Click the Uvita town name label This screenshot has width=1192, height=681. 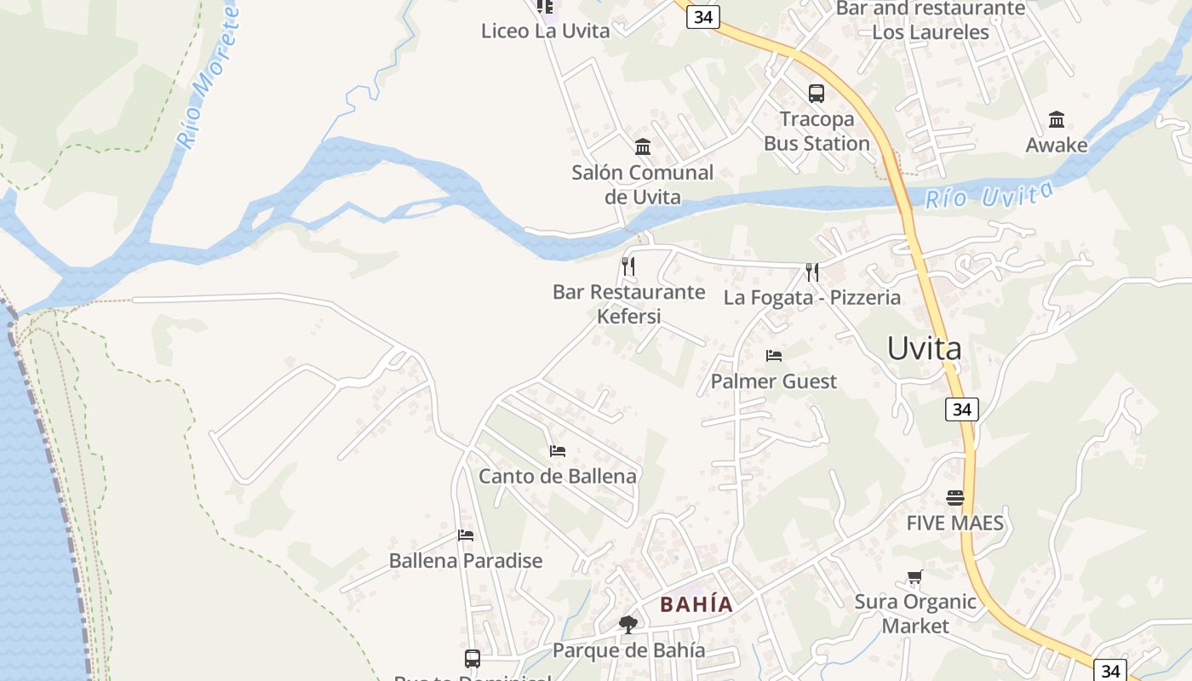point(924,348)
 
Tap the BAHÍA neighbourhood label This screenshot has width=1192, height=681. point(696,604)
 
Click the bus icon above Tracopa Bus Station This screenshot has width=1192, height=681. point(816,94)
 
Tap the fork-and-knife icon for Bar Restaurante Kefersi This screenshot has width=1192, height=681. point(628,266)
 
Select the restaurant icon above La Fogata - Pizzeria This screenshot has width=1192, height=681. point(812,272)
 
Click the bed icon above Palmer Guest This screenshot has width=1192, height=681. point(773,356)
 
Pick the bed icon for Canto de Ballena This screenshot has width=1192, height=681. point(558,450)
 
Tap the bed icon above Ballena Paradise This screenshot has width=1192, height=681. point(465,535)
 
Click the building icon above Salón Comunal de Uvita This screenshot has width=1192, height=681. point(643,147)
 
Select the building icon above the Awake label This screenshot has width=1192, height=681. point(1057,119)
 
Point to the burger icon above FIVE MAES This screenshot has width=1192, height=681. point(955,497)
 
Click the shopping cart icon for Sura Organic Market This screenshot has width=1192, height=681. point(915,577)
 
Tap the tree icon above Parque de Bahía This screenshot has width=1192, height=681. point(628,625)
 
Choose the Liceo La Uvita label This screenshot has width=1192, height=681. point(546,31)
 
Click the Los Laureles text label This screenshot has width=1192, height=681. point(931,32)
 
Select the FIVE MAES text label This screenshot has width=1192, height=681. point(955,523)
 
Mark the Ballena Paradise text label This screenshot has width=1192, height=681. point(466,561)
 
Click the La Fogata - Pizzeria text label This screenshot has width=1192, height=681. point(812,297)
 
